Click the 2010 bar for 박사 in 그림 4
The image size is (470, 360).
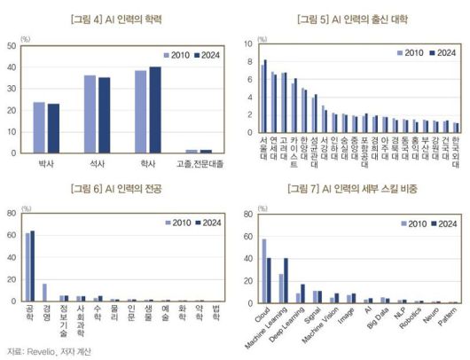39,128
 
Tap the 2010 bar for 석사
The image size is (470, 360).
90,114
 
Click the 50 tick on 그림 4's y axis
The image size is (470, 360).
11,44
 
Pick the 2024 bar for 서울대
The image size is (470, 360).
265,97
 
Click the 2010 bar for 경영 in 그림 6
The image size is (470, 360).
44,293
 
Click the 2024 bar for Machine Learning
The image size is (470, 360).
286,279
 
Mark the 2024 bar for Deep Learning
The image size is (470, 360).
302,293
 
